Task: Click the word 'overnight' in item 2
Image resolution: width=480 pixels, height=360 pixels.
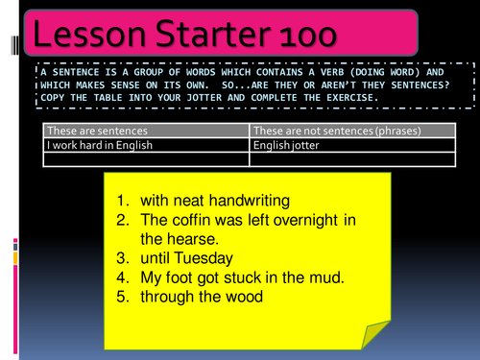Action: click(306, 220)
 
